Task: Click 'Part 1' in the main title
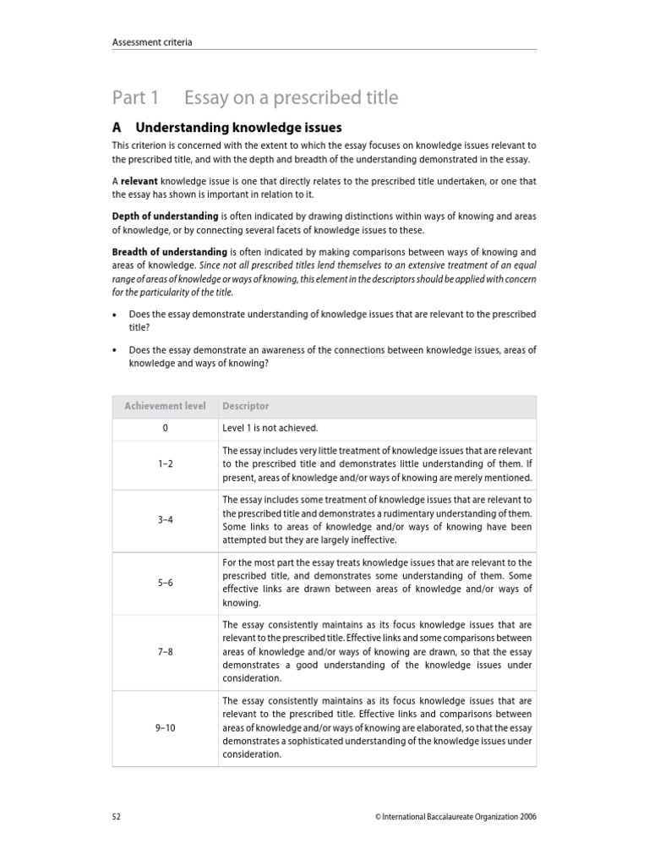(136, 98)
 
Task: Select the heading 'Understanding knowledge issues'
(239, 128)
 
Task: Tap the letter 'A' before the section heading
(117, 128)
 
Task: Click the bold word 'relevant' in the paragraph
(139, 182)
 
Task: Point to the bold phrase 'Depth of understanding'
(166, 216)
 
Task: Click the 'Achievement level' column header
(165, 406)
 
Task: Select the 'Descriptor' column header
(246, 406)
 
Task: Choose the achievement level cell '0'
(165, 429)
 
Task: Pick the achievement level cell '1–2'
(165, 464)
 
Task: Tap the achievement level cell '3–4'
(165, 519)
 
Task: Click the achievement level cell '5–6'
(165, 583)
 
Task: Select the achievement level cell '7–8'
(165, 652)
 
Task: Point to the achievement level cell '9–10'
(165, 727)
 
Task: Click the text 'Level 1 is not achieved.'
(270, 429)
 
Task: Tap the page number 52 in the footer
(117, 817)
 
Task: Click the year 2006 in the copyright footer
(526, 817)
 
